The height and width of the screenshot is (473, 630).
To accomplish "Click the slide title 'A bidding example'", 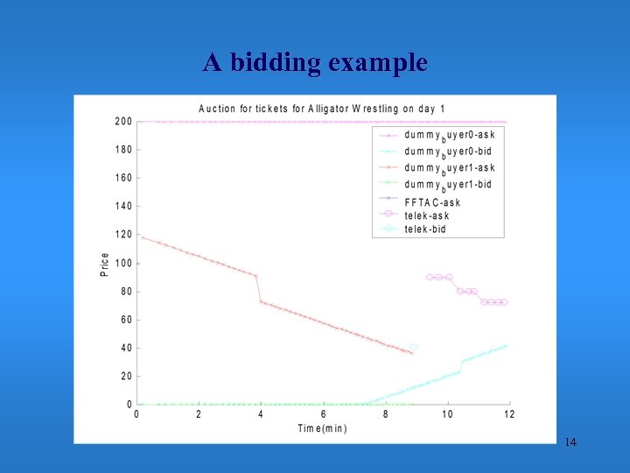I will point(315,63).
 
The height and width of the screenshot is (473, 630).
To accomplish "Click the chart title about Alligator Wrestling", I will point(322,109).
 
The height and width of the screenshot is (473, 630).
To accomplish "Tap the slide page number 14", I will point(570,442).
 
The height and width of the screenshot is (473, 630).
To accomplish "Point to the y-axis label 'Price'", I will point(105,265).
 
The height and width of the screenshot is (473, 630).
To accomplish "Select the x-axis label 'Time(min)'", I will point(323,427).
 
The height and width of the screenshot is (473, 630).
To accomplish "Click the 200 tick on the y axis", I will point(123,122).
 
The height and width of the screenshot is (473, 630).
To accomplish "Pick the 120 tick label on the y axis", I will point(123,235).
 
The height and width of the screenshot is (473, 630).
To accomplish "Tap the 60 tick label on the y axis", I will point(126,320).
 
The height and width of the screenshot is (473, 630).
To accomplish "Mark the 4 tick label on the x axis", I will point(261,414).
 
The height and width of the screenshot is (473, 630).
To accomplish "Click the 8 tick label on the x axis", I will point(385,414).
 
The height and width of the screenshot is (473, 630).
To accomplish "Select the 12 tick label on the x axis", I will point(509,414).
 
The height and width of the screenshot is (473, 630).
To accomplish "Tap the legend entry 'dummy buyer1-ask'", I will point(448,167).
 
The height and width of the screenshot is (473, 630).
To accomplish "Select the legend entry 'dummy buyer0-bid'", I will point(448,151).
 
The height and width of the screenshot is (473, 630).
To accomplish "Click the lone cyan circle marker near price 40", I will point(414,348).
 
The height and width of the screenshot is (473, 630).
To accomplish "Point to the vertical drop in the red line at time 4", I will point(259,289).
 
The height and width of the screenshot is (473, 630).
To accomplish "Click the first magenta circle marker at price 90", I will point(430,277).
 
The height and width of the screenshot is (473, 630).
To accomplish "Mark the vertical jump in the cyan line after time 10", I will point(461,366).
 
